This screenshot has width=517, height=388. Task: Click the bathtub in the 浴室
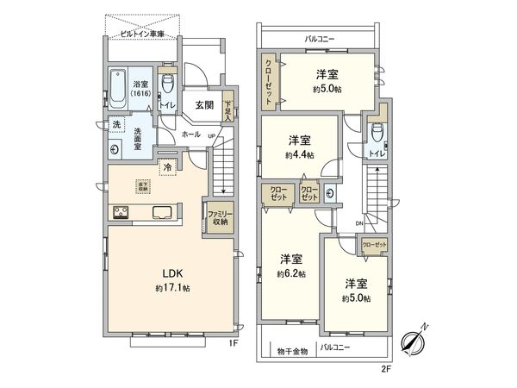tap(119, 90)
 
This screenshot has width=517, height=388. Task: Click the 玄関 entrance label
tap(204, 108)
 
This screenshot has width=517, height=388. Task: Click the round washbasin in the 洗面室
tap(115, 147)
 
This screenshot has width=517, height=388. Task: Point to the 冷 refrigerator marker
tap(168, 167)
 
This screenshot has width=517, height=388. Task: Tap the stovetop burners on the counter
tap(118, 213)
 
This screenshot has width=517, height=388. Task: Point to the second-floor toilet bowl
tap(376, 132)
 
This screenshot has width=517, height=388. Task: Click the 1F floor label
tap(234, 343)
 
